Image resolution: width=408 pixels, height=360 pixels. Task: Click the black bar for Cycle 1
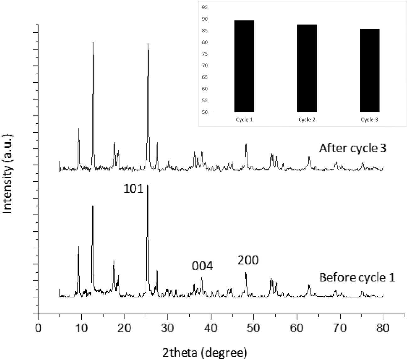pos(244,66)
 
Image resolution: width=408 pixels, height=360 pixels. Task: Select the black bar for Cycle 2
pos(307,68)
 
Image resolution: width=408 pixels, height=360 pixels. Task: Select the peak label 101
pos(133,189)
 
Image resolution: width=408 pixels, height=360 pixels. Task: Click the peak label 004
pos(202,266)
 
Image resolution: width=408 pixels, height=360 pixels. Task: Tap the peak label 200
pos(248,260)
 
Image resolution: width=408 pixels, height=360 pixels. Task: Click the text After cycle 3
pos(352,148)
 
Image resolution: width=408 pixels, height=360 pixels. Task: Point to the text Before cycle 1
pos(357,278)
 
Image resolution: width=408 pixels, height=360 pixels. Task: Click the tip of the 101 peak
pos(147,185)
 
